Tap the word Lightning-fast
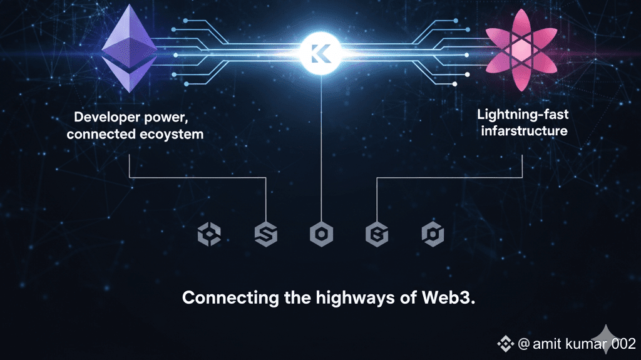(522, 115)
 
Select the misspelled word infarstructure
(522, 131)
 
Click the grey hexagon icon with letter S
(266, 234)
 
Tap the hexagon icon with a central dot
(321, 234)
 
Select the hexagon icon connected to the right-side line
(377, 234)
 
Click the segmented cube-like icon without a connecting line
(209, 234)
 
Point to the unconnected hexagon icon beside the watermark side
(433, 234)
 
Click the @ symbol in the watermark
(525, 344)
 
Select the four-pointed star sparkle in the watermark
(605, 339)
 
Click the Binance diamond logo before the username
(505, 344)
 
